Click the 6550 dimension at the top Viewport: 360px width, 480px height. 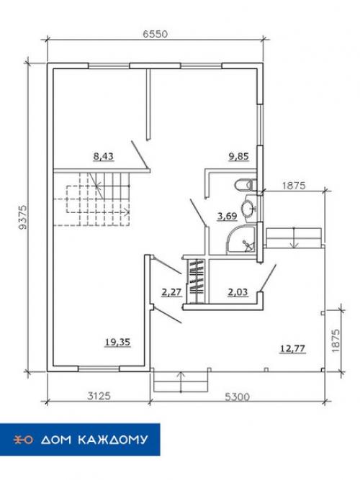point(156,34)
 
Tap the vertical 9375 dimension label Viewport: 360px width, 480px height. point(22,217)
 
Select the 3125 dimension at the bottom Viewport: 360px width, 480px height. point(99,396)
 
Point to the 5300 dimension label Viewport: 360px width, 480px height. point(237,397)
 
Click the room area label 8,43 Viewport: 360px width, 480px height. point(103,156)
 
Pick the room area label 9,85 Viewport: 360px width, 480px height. point(238,156)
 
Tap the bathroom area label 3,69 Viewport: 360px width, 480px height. point(227,217)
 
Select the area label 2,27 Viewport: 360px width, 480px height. point(171,292)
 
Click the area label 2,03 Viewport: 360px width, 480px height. point(238,292)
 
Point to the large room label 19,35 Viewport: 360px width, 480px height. point(117,342)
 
